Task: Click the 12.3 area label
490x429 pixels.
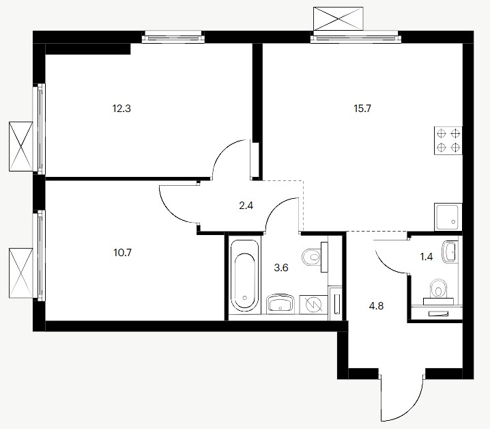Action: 121,109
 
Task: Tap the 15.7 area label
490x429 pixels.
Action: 362,109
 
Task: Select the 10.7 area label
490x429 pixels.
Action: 123,252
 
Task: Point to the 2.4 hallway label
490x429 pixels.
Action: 246,206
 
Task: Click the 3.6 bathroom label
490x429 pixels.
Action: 281,268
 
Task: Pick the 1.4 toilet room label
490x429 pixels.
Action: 427,257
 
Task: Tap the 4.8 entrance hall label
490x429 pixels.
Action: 376,306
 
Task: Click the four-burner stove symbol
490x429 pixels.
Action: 448,141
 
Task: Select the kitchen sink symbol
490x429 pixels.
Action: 448,217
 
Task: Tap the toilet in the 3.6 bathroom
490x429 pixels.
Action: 315,257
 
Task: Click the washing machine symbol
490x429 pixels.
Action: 313,305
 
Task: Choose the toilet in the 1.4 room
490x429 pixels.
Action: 438,292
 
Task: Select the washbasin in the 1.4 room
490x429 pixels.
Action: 450,252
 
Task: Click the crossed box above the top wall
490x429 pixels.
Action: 338,18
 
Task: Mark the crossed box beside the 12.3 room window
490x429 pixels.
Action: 21,146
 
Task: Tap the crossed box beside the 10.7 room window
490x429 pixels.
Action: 21,273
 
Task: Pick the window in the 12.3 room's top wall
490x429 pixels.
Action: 173,37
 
